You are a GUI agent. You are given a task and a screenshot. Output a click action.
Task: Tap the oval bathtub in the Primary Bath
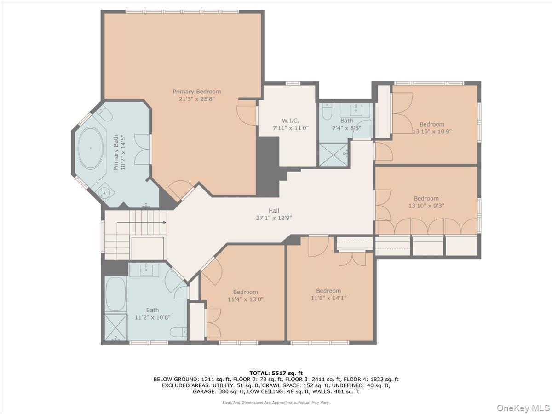point(91,148)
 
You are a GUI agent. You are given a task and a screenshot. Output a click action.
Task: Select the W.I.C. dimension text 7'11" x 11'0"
point(290,128)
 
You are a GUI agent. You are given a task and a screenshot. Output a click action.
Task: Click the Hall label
point(274,211)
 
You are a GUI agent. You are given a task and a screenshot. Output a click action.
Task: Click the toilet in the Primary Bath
point(104,113)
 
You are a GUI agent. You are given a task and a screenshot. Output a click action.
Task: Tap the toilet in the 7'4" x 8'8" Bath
point(327,111)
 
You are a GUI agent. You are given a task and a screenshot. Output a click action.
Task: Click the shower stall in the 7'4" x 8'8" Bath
point(333,155)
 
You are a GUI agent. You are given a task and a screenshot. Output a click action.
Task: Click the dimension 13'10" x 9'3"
point(426,206)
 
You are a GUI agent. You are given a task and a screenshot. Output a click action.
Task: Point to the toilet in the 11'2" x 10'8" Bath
point(178,332)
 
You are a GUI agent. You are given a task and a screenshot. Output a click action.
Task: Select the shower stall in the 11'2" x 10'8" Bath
point(116,327)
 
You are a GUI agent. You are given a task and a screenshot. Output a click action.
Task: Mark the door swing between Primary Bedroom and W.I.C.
point(247,115)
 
